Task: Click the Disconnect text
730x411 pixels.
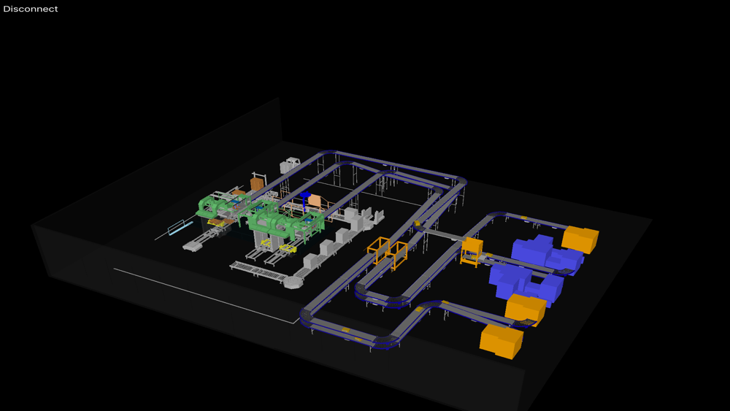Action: pos(30,9)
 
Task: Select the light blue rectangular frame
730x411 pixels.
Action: pos(180,228)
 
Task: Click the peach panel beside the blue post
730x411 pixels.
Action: pos(315,201)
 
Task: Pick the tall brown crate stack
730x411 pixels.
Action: pos(256,183)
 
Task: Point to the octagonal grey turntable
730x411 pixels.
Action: pos(293,282)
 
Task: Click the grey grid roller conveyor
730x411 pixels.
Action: pos(258,272)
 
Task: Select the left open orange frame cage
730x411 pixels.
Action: pos(378,250)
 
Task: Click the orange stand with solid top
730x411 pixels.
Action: pos(472,251)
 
